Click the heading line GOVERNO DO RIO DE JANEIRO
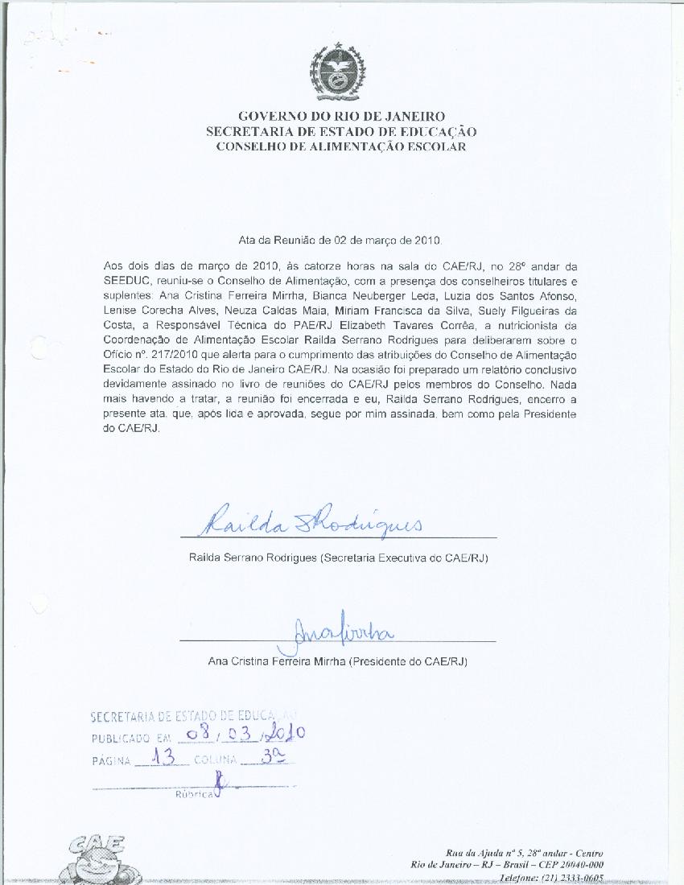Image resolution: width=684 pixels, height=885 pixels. (x=341, y=117)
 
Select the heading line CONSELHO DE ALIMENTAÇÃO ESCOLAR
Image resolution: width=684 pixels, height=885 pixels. (x=341, y=147)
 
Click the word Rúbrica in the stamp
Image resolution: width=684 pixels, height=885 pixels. (x=194, y=793)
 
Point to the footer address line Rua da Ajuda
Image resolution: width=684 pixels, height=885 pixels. (x=524, y=853)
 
